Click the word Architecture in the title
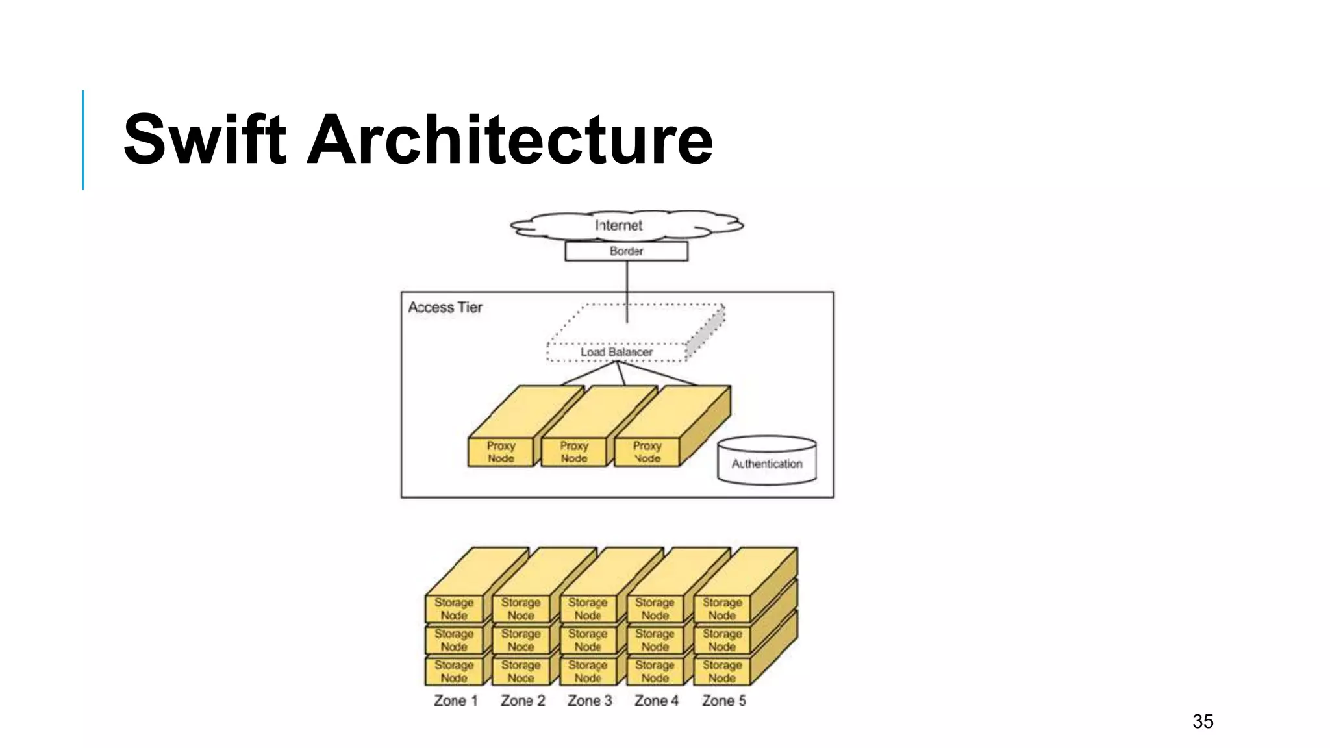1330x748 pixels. tap(509, 140)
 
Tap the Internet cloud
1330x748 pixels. tap(619, 225)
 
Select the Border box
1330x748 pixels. tap(626, 251)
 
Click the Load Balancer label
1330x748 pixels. tap(616, 352)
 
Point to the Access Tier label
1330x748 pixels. tap(445, 308)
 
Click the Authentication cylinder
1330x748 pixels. tap(767, 462)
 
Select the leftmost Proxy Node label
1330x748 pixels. tap(501, 452)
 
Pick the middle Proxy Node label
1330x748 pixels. tap(574, 452)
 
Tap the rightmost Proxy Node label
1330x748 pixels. tap(647, 452)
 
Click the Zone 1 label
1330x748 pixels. tap(456, 701)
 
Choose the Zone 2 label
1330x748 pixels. tap(523, 701)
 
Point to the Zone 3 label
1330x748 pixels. tap(590, 701)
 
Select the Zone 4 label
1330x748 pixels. tap(657, 701)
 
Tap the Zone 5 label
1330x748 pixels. tap(724, 701)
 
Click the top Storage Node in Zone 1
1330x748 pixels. tap(454, 609)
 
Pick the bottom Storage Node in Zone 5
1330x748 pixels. tap(722, 671)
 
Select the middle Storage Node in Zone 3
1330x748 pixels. tap(588, 640)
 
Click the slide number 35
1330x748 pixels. tap(1203, 721)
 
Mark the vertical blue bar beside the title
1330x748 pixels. tap(83, 140)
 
